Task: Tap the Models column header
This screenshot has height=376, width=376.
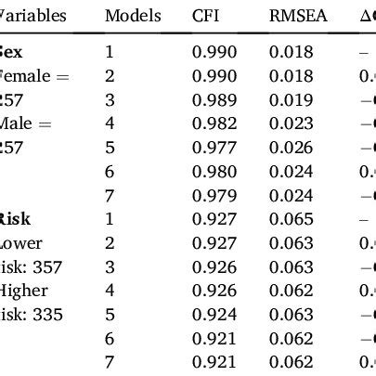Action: pos(133,17)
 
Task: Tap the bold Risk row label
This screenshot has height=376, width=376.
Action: pos(18,219)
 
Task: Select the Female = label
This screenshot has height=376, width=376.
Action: pos(33,75)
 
